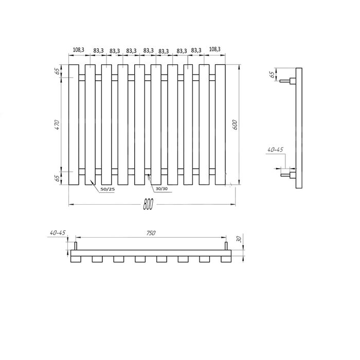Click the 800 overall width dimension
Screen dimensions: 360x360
[x=148, y=204]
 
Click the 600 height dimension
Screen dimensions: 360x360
[x=235, y=124]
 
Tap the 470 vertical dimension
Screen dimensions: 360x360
[x=57, y=124]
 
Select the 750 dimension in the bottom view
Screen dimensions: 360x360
[x=151, y=233]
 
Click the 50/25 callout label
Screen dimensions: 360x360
[x=107, y=189]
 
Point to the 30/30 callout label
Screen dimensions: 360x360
[x=162, y=189]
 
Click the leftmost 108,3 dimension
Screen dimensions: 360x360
[x=79, y=49]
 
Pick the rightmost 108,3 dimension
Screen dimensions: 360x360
[x=214, y=49]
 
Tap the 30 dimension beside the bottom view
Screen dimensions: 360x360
[x=239, y=239]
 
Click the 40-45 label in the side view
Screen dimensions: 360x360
[x=275, y=150]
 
